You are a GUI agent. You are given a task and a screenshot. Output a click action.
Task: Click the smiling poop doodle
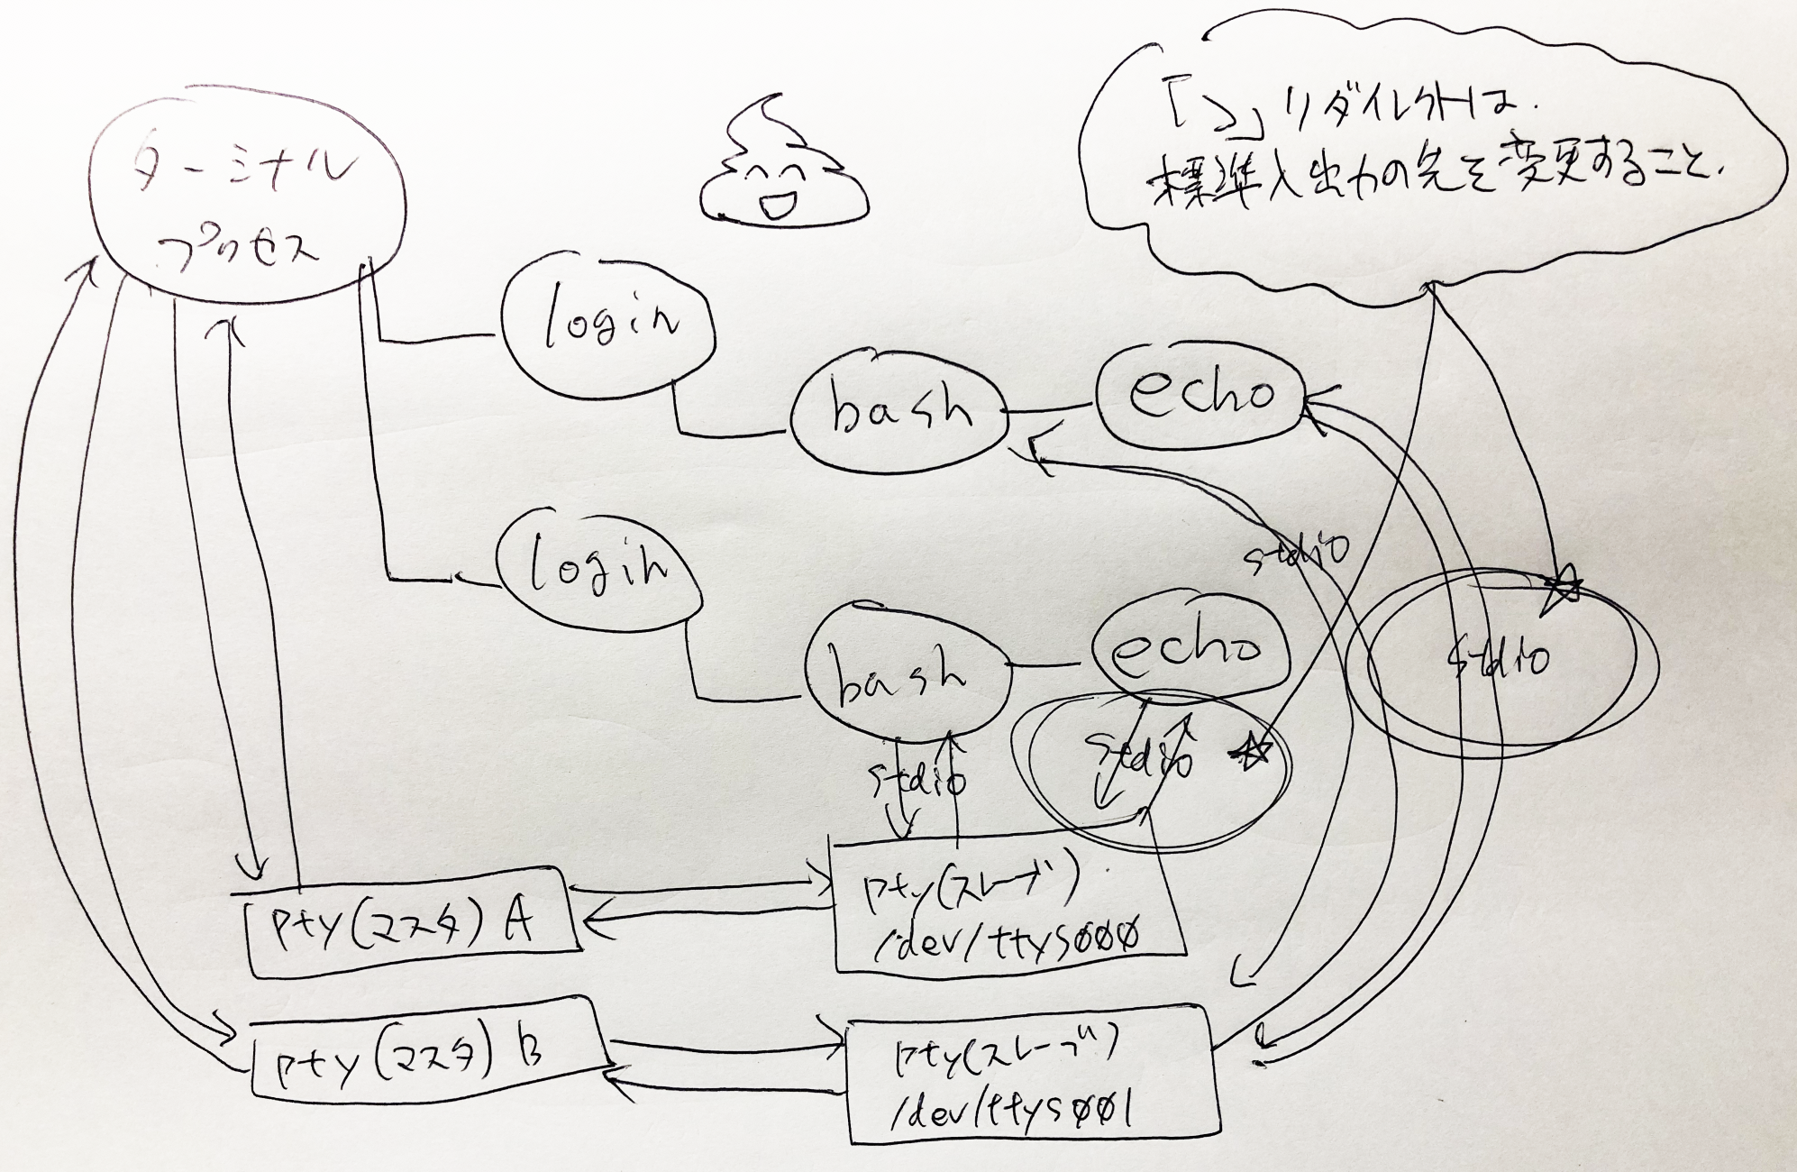coord(785,168)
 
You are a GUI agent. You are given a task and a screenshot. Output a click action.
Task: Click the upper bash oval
coord(898,417)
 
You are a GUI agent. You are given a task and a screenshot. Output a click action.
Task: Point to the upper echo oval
coord(1200,397)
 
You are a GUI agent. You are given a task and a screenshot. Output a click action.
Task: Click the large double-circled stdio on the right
coord(1501,663)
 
